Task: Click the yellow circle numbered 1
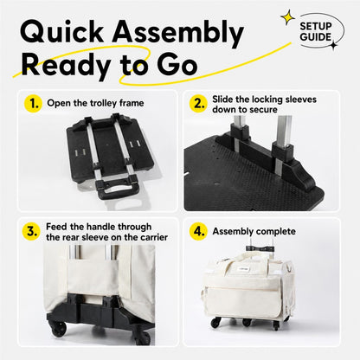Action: [33, 103]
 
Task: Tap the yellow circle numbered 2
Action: [198, 103]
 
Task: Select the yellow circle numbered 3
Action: [31, 231]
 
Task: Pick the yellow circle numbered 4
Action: [198, 231]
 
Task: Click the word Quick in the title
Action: [62, 31]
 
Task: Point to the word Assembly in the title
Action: [178, 33]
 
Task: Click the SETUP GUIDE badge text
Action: [316, 31]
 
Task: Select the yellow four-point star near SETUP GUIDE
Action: [287, 18]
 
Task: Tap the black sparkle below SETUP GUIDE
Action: [334, 46]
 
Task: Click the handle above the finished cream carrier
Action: [260, 247]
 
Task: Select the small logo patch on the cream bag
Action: [243, 269]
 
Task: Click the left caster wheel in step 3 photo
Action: [59, 328]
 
